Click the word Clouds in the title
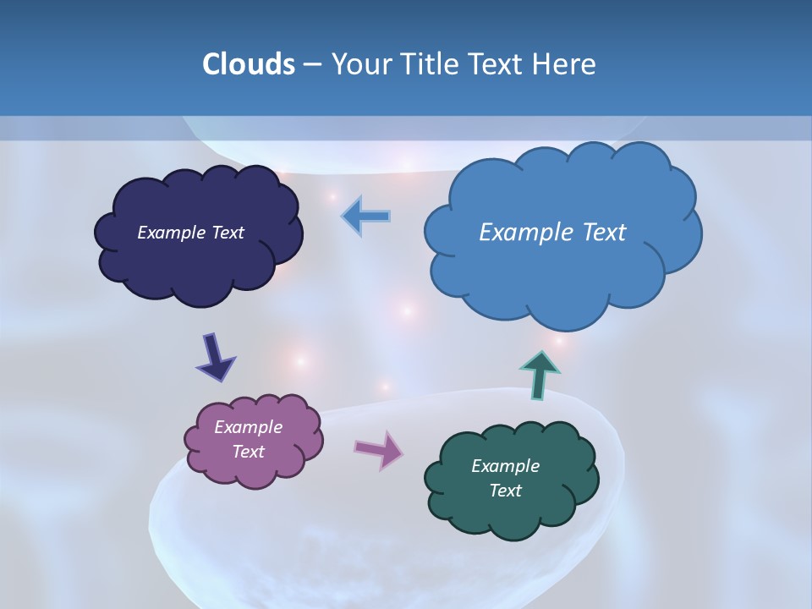(248, 64)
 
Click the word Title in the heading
(429, 64)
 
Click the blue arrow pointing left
(366, 217)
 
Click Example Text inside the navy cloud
(190, 233)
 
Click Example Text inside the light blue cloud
(552, 233)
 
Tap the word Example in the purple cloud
(248, 427)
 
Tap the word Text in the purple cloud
(248, 452)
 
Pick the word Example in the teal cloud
(505, 466)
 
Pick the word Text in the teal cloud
(505, 491)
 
